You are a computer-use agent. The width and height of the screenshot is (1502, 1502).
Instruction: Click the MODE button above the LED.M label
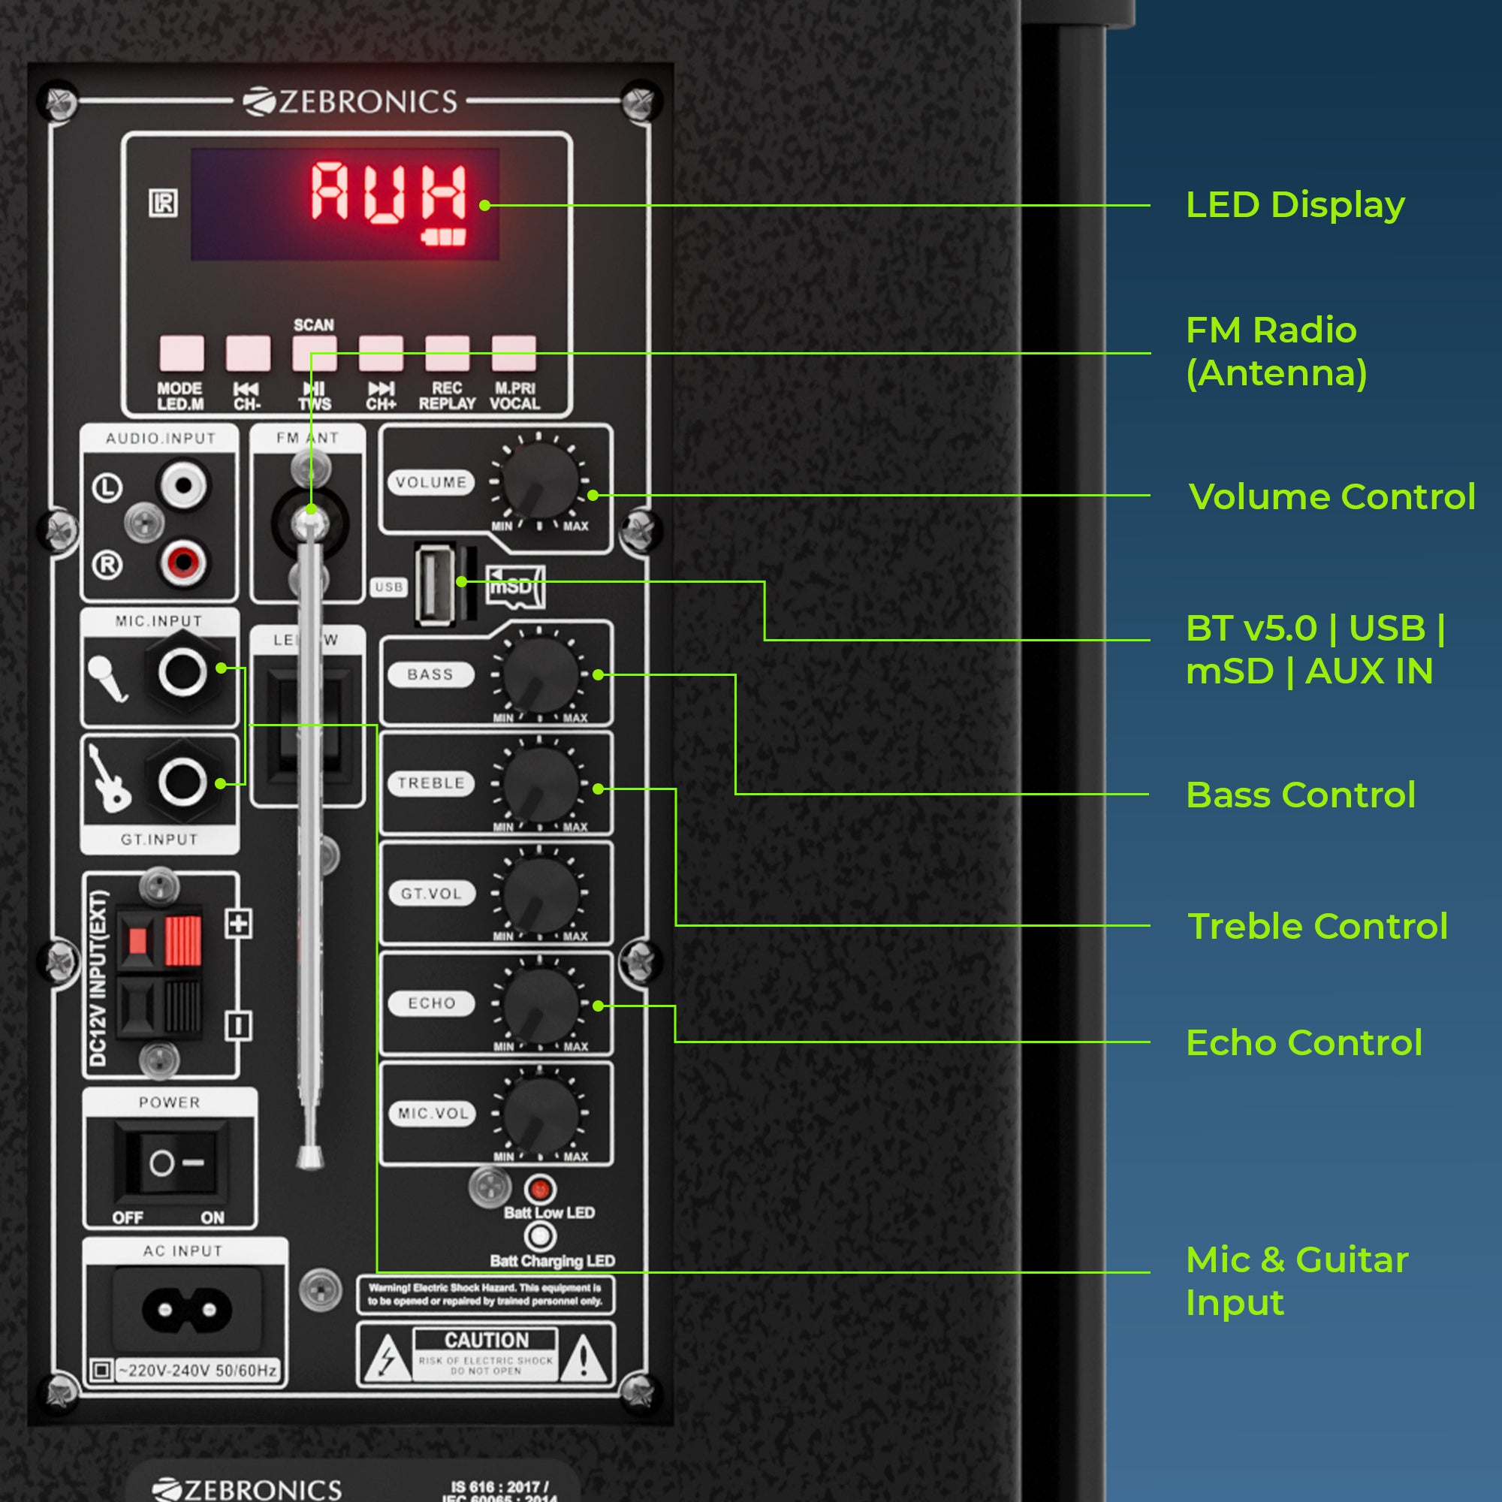pyautogui.click(x=181, y=354)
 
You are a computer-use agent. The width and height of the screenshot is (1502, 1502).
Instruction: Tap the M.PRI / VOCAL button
pyautogui.click(x=514, y=354)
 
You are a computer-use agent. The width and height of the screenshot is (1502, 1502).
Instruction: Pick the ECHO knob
pyautogui.click(x=540, y=1003)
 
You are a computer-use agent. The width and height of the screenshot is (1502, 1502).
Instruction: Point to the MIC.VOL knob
pyautogui.click(x=540, y=1113)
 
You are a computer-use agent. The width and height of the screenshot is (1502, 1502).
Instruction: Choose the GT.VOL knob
pyautogui.click(x=540, y=893)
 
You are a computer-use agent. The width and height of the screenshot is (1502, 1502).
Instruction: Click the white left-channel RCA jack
pyautogui.click(x=183, y=486)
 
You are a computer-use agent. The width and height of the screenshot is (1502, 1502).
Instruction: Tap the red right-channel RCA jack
pyautogui.click(x=183, y=560)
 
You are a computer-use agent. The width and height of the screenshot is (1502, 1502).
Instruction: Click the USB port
pyautogui.click(x=436, y=584)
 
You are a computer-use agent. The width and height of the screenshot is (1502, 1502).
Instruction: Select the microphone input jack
pyautogui.click(x=182, y=671)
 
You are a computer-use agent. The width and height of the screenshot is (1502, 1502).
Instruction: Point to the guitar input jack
pyautogui.click(x=182, y=782)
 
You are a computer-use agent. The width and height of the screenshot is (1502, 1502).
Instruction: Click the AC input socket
pyautogui.click(x=186, y=1310)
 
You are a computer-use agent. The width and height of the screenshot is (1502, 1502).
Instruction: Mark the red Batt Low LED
pyautogui.click(x=539, y=1189)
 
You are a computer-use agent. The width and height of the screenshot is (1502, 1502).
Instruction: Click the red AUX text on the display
pyautogui.click(x=388, y=192)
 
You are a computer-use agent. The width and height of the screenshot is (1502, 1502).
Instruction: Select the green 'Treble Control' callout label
pyautogui.click(x=1317, y=926)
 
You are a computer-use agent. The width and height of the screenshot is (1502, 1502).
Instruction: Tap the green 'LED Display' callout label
pyautogui.click(x=1295, y=205)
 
